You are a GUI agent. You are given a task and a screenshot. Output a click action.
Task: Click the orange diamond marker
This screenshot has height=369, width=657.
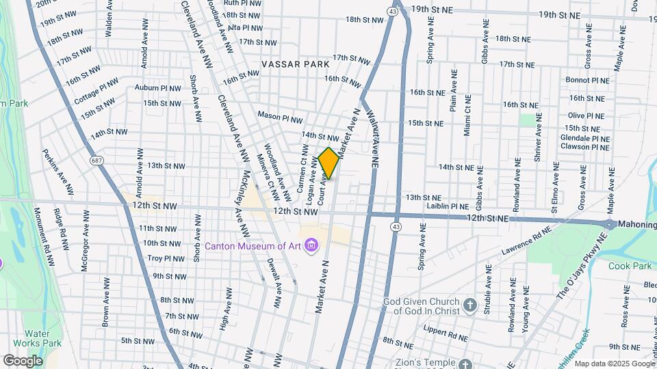[329, 163]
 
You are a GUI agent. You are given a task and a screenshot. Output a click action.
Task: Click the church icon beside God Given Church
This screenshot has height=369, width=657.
[469, 305]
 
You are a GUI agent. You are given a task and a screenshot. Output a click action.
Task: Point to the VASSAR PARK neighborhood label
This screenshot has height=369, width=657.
[295, 64]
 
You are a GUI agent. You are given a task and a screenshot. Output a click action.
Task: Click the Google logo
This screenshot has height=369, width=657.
[23, 360]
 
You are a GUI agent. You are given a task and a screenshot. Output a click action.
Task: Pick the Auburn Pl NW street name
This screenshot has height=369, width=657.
[157, 87]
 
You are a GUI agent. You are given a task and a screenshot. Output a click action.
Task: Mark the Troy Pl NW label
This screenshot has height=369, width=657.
[166, 259]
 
